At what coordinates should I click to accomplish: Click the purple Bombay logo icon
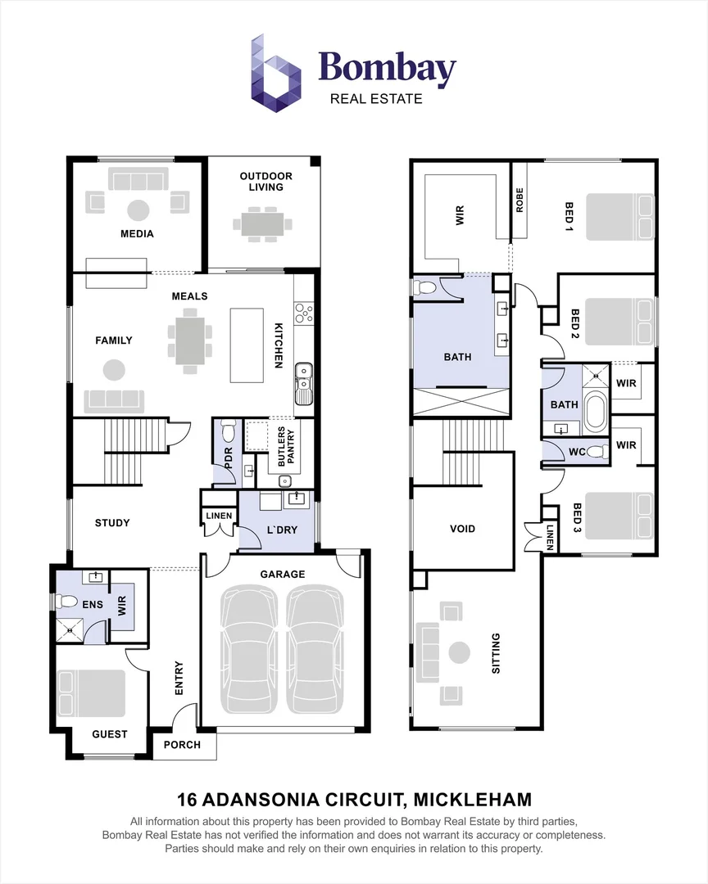pos(275,74)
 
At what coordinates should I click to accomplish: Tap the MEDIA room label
pos(137,233)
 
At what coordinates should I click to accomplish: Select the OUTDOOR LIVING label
pos(266,182)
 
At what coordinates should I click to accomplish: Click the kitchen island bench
pos(247,345)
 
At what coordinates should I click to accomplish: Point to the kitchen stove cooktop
pos(304,313)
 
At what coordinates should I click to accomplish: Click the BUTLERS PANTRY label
pos(286,447)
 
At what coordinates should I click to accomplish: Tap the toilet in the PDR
pos(228,431)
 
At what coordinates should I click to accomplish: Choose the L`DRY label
pos(282,530)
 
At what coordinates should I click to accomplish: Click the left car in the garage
pos(250,649)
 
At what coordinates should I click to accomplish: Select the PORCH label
pos(182,745)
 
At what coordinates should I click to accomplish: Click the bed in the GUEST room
pos(91,693)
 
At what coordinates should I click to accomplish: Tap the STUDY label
pos(112,522)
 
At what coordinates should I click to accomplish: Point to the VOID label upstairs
pos(462,529)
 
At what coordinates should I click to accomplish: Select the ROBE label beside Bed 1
pos(520,201)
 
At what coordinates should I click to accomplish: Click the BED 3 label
pos(576,517)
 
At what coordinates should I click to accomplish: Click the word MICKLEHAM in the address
pos(473,800)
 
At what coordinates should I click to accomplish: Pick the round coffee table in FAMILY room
pos(114,371)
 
